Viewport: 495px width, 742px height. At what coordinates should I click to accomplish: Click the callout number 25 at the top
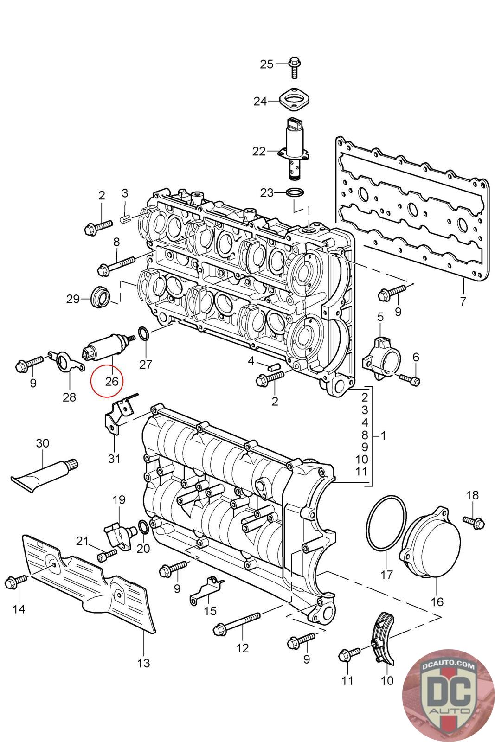coord(266,64)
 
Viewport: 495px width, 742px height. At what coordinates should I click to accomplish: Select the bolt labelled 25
coord(294,67)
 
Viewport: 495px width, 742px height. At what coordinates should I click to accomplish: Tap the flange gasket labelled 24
coord(295,100)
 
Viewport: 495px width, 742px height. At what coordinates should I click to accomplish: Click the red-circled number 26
coord(112,381)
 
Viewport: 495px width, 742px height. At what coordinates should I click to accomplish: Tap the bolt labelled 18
coord(474,522)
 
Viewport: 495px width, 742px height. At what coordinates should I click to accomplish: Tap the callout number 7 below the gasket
coord(463,301)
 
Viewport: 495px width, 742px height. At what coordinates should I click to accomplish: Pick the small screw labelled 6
coord(410,379)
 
